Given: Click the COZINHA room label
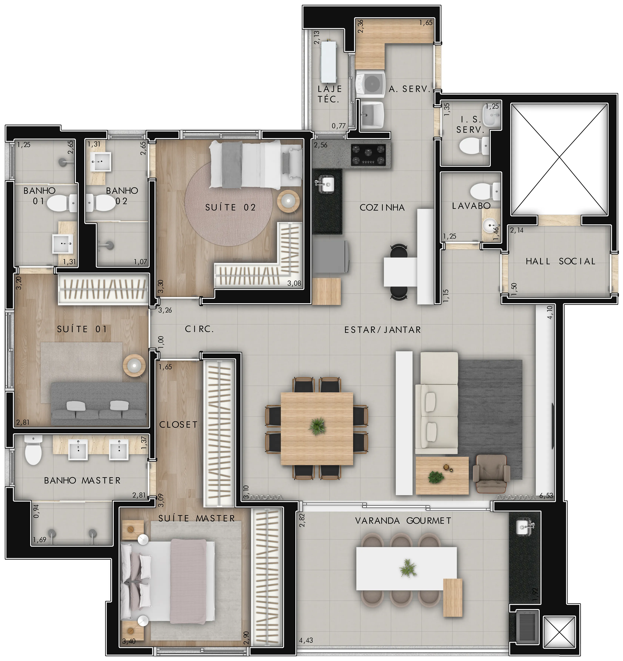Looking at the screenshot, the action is tap(382, 208).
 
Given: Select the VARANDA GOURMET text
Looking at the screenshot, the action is tap(403, 521).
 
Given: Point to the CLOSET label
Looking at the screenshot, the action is tap(178, 425).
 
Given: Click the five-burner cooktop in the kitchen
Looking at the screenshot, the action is tap(368, 155).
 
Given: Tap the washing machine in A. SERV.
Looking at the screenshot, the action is tap(370, 83).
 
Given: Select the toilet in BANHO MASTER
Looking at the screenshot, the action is tap(33, 451).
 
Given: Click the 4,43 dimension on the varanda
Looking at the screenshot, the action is tap(306, 640).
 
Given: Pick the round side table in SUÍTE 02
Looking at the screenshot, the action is tap(288, 201).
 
